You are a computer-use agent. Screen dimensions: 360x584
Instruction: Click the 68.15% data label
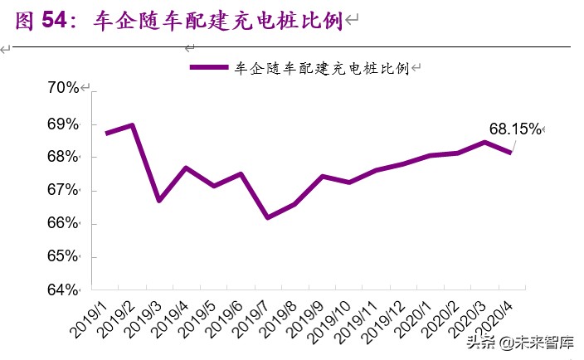coord(514,129)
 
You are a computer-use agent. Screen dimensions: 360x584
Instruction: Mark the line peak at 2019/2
coord(133,125)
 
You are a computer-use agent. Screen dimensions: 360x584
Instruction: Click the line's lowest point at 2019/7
coord(267,217)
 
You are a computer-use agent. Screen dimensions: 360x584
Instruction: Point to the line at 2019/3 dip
coord(159,201)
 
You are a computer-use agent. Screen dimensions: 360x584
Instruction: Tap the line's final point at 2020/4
coord(511,152)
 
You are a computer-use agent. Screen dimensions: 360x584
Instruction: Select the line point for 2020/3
coord(484,142)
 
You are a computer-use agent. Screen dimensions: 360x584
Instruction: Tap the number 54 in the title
coord(51,21)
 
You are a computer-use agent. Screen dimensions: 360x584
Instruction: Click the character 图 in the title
coord(24,21)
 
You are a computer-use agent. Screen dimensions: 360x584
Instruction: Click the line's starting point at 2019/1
coord(106,134)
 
